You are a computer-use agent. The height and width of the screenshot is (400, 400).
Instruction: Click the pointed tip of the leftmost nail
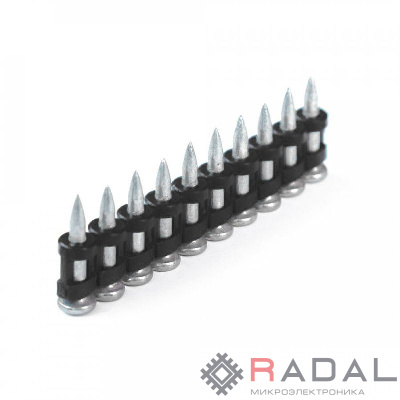[x=77, y=196]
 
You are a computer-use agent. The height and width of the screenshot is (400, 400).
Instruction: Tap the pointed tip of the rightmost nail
[x=310, y=78]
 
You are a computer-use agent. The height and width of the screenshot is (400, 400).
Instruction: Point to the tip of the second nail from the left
[x=107, y=187]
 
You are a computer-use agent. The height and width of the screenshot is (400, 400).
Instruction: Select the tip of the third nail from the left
[x=135, y=172]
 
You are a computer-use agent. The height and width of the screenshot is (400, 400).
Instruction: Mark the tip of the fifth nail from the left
[x=190, y=143]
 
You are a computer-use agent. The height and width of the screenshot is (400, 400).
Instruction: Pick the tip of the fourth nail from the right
[x=240, y=117]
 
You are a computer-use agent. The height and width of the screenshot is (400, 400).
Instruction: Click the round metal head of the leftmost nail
[x=75, y=306]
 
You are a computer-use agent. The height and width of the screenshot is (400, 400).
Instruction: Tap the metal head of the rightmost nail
[x=315, y=174]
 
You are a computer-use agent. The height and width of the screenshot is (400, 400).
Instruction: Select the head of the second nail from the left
[x=108, y=292]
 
